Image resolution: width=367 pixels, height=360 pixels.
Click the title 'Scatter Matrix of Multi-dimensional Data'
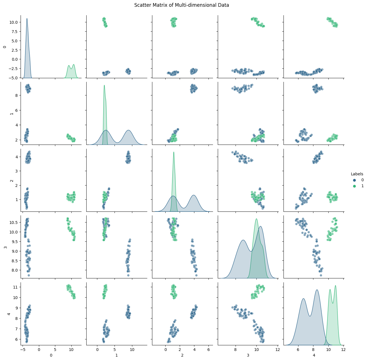(x=181, y=5)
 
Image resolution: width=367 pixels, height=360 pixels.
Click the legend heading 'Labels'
(x=357, y=174)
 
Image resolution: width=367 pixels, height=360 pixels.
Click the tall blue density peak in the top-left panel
(x=27, y=19)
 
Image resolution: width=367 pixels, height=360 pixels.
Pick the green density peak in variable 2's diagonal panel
(x=173, y=152)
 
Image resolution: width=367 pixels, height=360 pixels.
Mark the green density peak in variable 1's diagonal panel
(x=104, y=86)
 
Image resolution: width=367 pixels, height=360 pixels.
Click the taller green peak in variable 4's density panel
(x=335, y=286)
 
